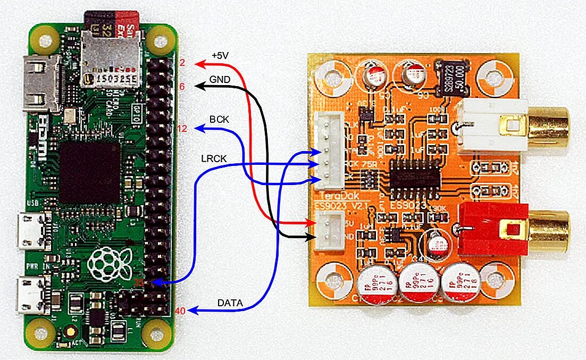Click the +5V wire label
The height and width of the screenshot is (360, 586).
(220, 55)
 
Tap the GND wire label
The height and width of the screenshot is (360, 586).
(220, 79)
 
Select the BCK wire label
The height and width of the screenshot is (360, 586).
(219, 120)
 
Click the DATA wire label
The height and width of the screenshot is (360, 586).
(230, 303)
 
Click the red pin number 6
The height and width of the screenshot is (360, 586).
(182, 86)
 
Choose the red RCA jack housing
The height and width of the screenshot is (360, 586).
(492, 229)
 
